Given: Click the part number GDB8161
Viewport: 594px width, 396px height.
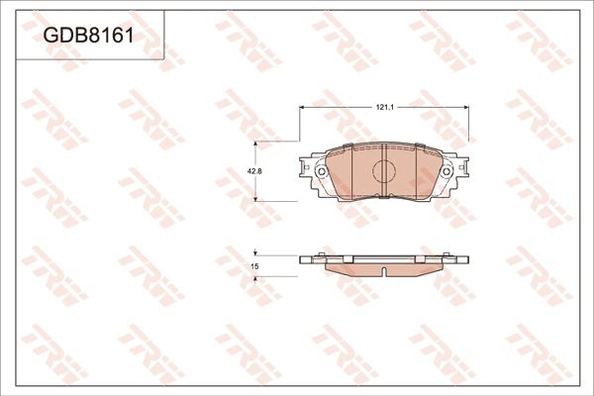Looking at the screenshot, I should [x=88, y=37].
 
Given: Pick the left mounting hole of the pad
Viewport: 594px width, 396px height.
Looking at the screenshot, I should [x=322, y=172].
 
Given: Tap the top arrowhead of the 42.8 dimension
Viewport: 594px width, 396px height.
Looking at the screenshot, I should [x=256, y=144].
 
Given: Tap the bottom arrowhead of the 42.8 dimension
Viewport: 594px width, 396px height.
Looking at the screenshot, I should [x=256, y=199].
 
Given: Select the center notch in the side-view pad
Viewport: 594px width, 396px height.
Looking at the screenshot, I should [x=385, y=270].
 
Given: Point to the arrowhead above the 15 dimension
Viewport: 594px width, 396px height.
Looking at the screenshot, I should [x=256, y=252].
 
